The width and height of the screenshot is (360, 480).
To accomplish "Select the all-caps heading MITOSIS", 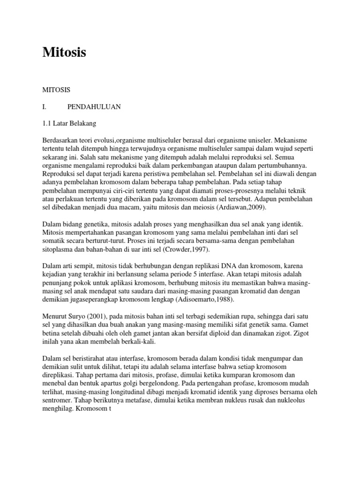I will [57, 89].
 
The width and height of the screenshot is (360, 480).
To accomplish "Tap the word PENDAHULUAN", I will [94, 107].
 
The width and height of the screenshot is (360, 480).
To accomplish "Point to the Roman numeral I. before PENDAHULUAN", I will [45, 107].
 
